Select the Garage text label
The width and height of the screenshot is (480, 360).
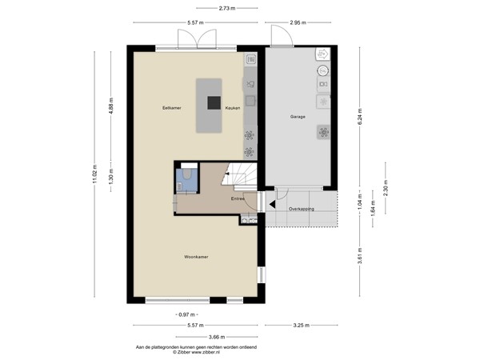pos(297,117)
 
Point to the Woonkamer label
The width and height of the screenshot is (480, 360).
pos(196,257)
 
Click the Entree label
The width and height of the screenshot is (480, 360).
pos(238,198)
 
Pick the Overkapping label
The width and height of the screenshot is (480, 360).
pos(301,208)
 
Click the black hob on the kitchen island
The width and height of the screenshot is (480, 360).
pos(214,102)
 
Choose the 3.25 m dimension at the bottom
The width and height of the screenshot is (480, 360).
pos(301,325)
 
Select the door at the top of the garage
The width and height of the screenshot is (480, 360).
pos(280,35)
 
